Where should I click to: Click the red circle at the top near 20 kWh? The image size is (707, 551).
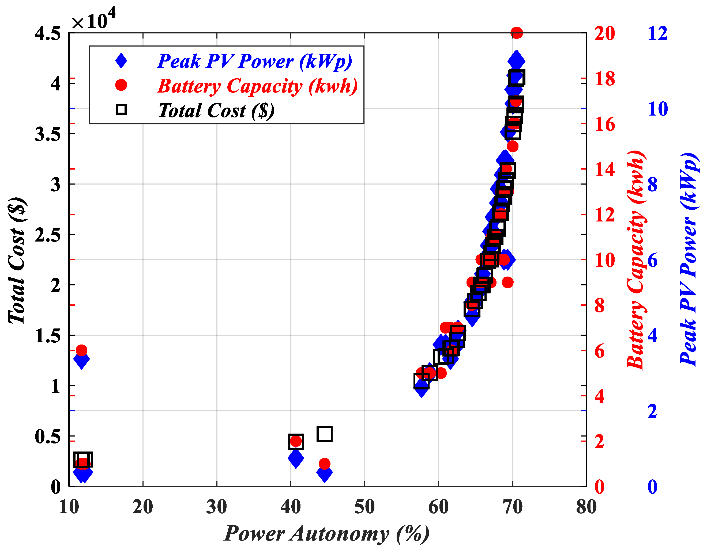coord(517,33)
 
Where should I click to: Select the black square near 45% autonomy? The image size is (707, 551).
coord(325,434)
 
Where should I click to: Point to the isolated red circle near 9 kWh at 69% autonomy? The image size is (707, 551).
coord(507,282)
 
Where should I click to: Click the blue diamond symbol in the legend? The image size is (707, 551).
coord(121,60)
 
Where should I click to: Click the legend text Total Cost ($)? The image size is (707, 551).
coord(216,110)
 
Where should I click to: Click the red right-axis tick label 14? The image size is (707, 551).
coord(604,169)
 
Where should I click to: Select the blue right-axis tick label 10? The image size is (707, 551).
coord(657,109)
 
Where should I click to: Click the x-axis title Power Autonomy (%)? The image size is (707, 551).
coord(326,534)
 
